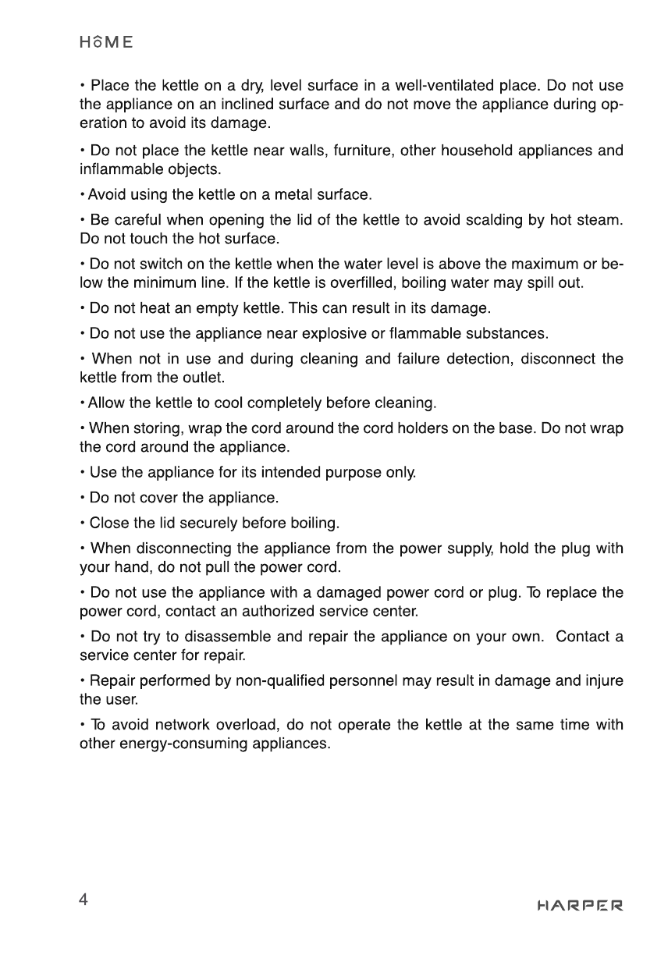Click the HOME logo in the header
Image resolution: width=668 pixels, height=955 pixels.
tap(105, 41)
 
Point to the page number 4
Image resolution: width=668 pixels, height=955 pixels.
tap(83, 900)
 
